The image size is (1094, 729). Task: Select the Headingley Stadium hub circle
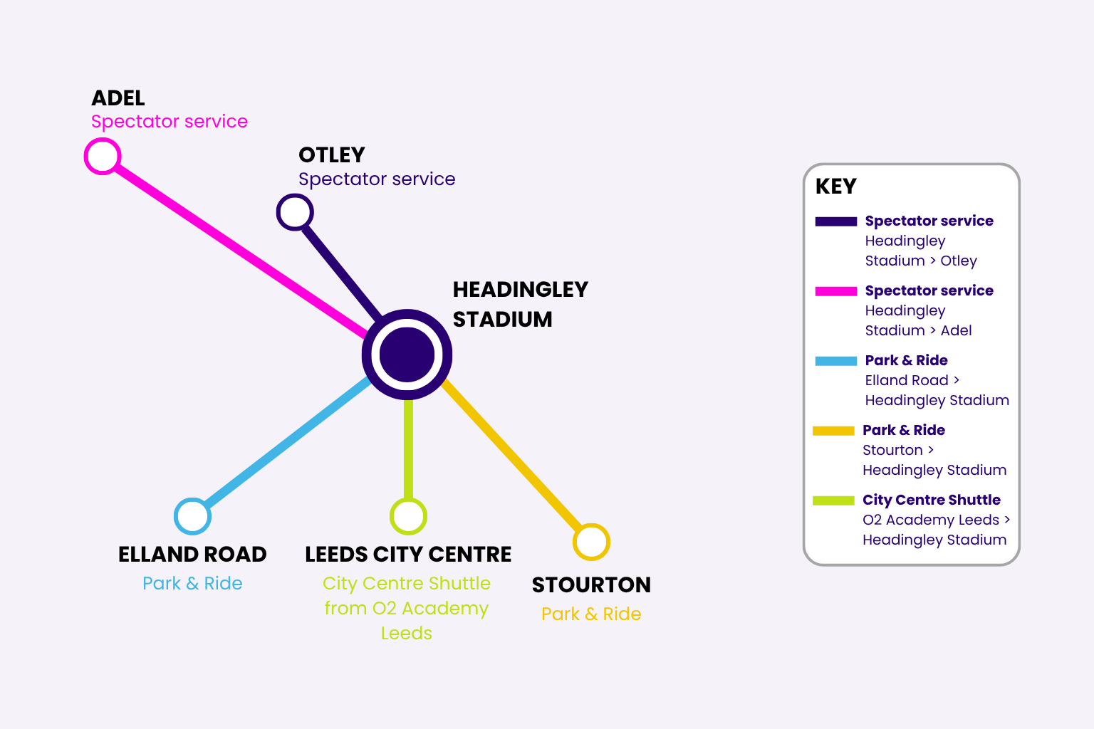coord(407,355)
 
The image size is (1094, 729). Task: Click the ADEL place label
coord(118,98)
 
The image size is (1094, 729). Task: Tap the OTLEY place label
coord(332,155)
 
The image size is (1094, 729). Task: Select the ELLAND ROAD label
coord(192,555)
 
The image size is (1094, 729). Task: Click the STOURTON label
coord(591,585)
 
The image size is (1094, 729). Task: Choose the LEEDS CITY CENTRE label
coord(408,555)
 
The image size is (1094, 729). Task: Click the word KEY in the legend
coord(836,187)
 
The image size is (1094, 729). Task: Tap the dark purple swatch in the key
coord(836,221)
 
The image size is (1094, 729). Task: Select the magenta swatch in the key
coord(836,291)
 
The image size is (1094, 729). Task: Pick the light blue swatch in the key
coord(836,362)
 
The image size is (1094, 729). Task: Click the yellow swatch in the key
coord(834,431)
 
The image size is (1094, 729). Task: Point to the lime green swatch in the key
coord(834,500)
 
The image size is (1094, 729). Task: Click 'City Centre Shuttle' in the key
coord(932,500)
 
